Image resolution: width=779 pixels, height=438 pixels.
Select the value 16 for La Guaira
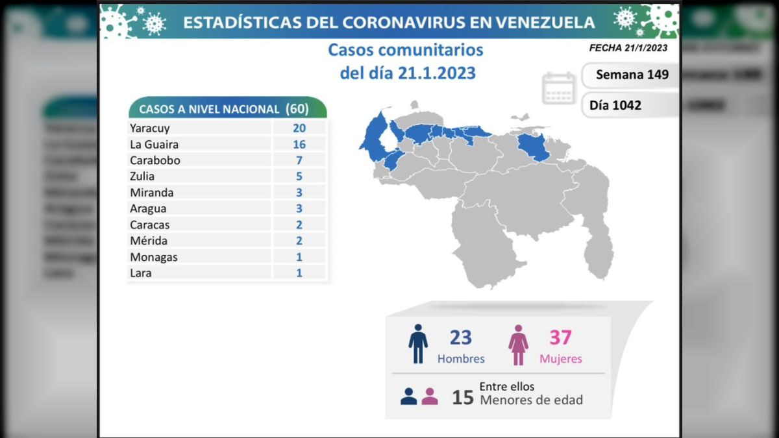tap(299, 145)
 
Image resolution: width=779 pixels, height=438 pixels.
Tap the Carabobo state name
tap(155, 160)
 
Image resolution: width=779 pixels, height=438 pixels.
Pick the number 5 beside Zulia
tap(299, 176)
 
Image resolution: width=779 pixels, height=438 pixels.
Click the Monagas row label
tap(153, 257)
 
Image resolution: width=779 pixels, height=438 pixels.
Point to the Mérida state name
tap(148, 241)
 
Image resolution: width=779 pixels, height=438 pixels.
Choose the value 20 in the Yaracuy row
tap(299, 128)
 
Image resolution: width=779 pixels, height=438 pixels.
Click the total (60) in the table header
tap(297, 108)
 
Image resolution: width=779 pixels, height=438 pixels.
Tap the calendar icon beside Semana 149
tap(559, 88)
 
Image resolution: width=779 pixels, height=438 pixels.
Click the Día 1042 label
tap(615, 104)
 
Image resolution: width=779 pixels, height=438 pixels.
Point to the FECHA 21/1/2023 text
tap(628, 48)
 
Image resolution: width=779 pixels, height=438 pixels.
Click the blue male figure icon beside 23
tap(418, 344)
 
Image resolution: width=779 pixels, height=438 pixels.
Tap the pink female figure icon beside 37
tap(518, 345)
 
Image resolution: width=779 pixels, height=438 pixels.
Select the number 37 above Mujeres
tap(560, 337)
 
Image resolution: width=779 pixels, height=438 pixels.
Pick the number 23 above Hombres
tap(461, 337)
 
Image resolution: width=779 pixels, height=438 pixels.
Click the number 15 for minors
tap(463, 397)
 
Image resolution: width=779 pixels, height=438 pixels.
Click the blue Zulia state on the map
tap(373, 136)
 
